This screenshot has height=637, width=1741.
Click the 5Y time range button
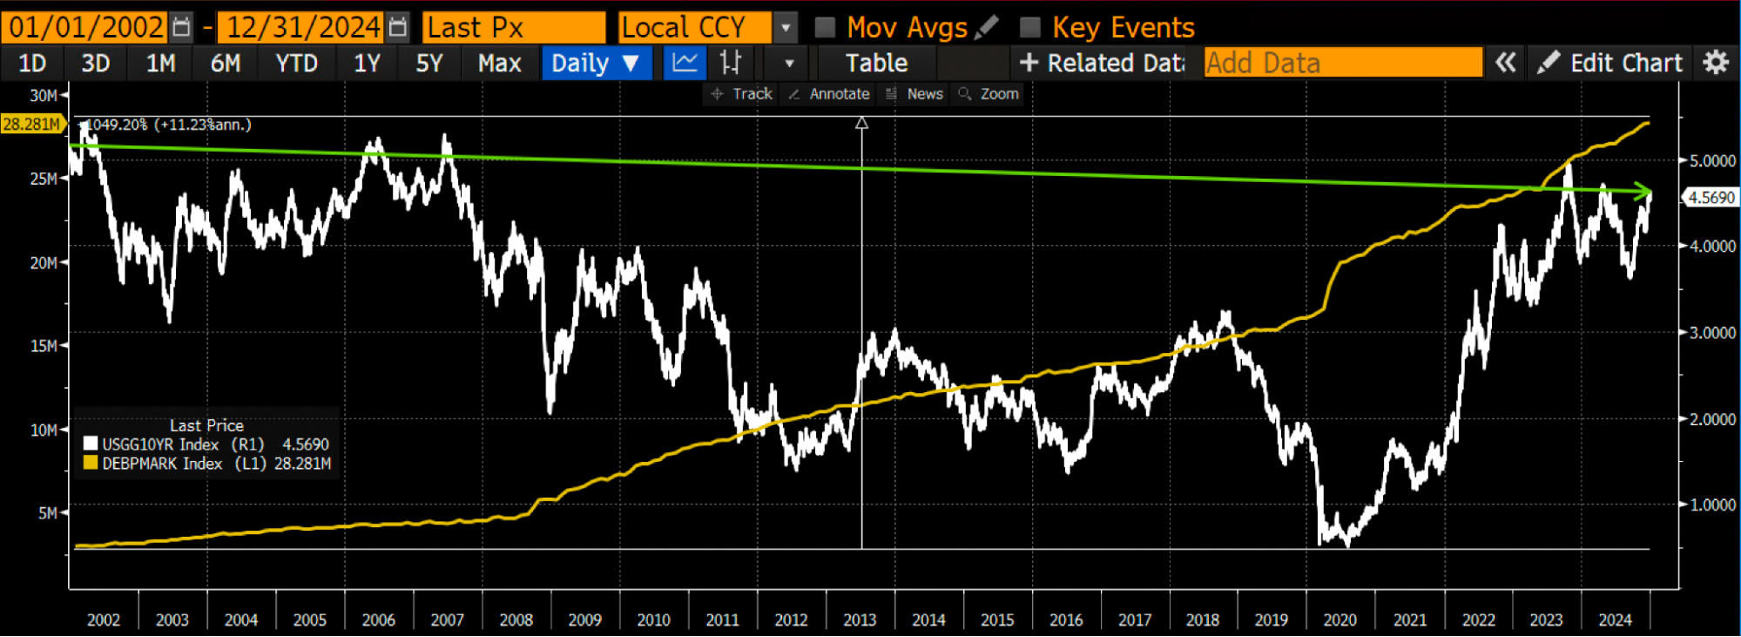[429, 64]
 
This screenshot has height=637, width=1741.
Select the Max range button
[499, 64]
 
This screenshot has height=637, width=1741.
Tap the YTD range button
[296, 64]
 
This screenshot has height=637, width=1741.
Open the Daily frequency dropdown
[596, 64]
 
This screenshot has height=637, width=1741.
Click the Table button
[876, 64]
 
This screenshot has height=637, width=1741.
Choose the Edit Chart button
[1610, 64]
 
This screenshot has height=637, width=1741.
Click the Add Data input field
[1342, 64]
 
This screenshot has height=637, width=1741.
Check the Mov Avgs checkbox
[824, 28]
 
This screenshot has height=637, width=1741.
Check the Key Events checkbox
[1030, 28]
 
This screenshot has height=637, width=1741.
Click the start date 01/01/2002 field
[85, 28]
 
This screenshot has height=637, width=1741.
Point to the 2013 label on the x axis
[860, 620]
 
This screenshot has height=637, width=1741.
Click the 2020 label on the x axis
[1339, 620]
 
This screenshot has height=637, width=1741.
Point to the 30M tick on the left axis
[44, 95]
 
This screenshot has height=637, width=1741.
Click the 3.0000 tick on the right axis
[1712, 333]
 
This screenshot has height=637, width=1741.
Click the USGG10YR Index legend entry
[206, 444]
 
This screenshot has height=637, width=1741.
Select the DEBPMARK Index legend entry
[206, 464]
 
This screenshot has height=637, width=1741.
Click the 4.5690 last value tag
[1711, 198]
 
